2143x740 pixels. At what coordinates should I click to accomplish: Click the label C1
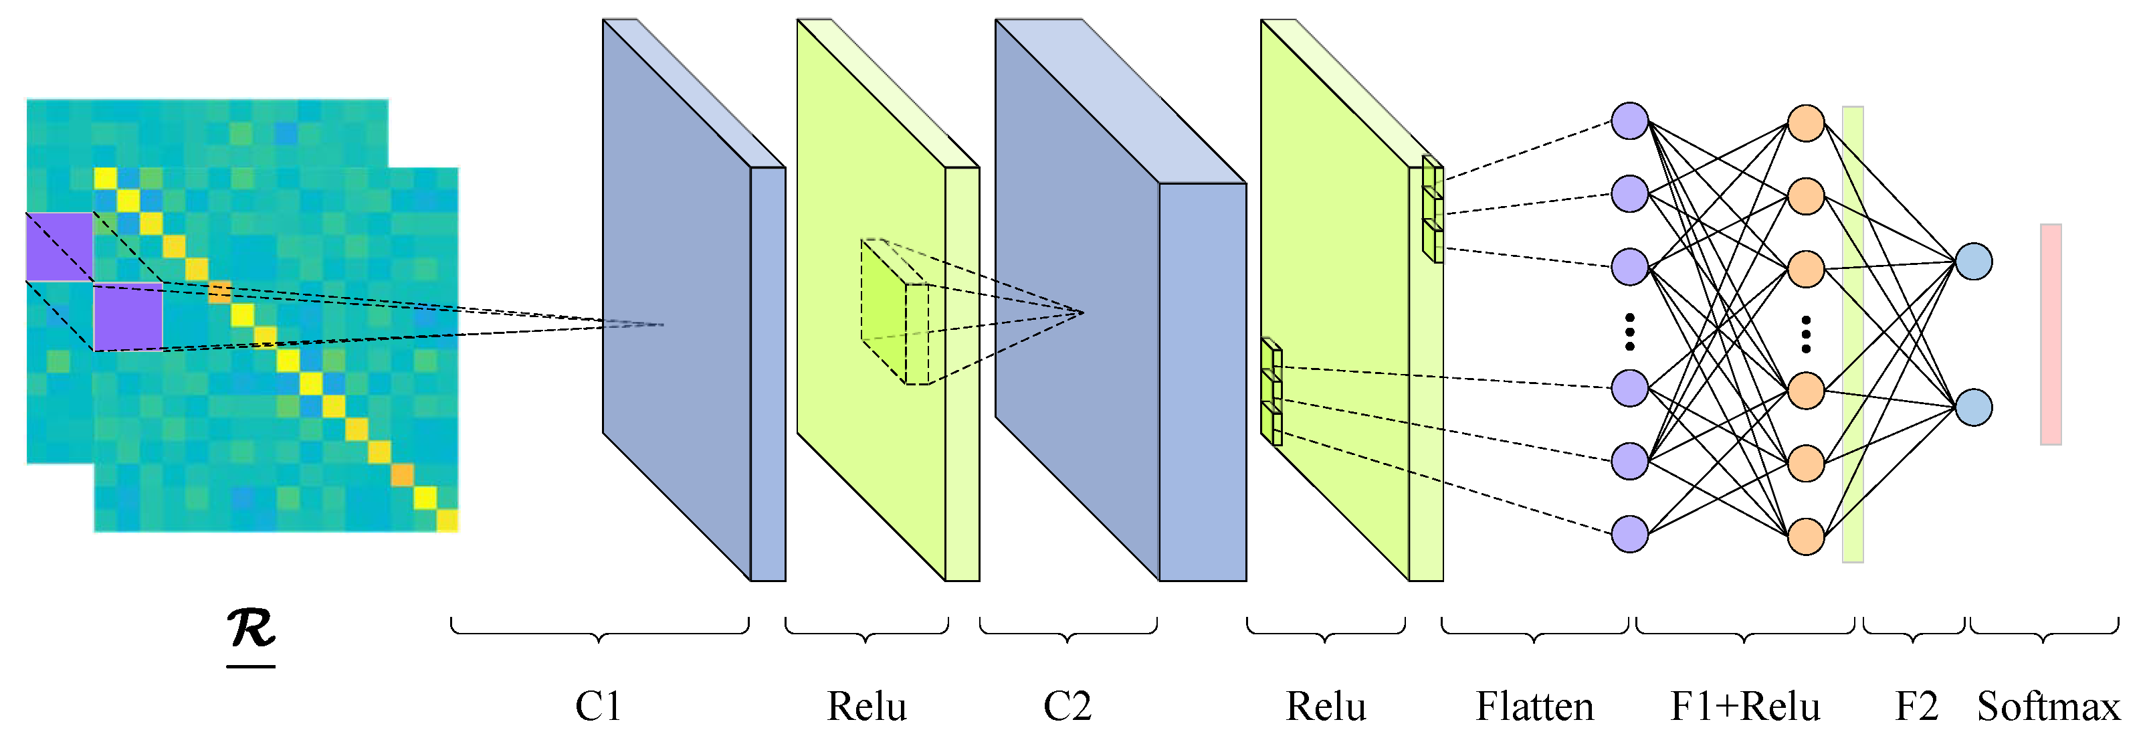pyautogui.click(x=598, y=707)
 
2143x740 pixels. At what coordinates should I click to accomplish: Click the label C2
pyautogui.click(x=1067, y=707)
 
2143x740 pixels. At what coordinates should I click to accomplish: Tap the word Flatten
pyautogui.click(x=1534, y=707)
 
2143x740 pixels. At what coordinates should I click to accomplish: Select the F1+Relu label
pyautogui.click(x=1744, y=707)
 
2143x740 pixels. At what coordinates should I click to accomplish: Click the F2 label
pyautogui.click(x=1916, y=707)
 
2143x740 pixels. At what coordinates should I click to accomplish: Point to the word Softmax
pyautogui.click(x=2047, y=707)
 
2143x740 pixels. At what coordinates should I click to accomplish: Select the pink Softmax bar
pyautogui.click(x=2050, y=334)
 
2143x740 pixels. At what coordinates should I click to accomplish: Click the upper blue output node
pyautogui.click(x=1973, y=262)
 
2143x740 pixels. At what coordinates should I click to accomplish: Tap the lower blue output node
pyautogui.click(x=1973, y=407)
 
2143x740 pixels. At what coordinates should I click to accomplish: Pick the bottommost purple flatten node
pyautogui.click(x=1630, y=533)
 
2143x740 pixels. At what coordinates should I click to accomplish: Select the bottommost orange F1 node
pyautogui.click(x=1806, y=536)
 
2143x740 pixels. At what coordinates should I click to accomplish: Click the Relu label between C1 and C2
pyautogui.click(x=866, y=707)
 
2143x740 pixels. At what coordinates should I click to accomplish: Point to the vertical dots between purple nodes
pyautogui.click(x=1630, y=331)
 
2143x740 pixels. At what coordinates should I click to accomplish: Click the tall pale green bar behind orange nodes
pyautogui.click(x=1853, y=333)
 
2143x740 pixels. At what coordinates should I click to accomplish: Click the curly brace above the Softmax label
pyautogui.click(x=2044, y=631)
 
